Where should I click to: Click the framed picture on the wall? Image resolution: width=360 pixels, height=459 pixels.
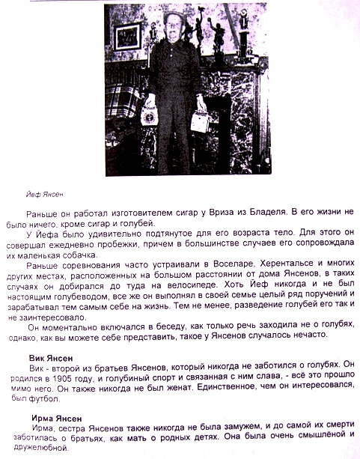click(x=127, y=35)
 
